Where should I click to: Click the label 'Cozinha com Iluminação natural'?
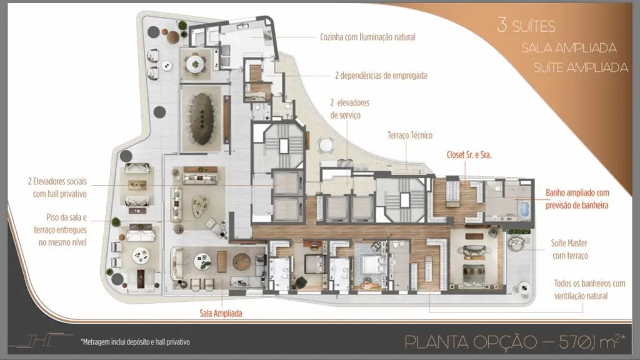pos(367,37)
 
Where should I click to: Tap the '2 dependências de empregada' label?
pos(381,76)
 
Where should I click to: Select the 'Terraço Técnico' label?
pos(410,135)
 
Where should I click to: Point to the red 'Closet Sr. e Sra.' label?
pos(469,155)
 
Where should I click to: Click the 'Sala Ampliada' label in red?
pos(221,314)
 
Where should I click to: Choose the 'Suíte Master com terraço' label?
pos(569,249)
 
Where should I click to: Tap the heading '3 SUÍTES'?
pos(526,25)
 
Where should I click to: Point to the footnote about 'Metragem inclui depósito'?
pos(135,342)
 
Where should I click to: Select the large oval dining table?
pos(202,119)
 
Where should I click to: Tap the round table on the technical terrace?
pos(326,146)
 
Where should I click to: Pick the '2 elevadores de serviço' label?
pos(350,109)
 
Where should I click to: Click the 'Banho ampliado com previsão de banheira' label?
pos(577,199)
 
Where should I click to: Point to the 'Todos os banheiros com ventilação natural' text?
pos(589,289)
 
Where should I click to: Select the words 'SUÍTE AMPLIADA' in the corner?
pos(581,67)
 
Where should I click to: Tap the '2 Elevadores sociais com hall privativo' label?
pos(57,187)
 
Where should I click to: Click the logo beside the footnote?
pos(41,341)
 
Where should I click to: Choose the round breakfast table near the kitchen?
pos(196,64)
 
